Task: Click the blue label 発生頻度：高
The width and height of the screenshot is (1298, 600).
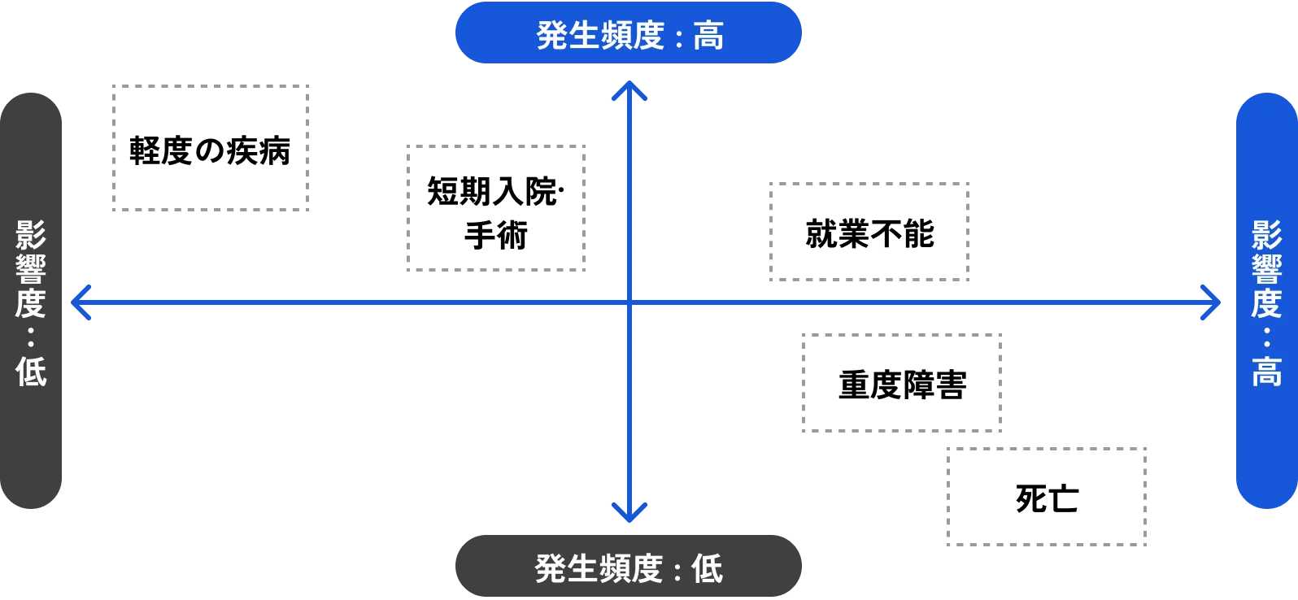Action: (629, 34)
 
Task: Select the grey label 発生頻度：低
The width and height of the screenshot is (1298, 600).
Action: (629, 567)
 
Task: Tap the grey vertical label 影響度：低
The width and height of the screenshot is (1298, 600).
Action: (32, 302)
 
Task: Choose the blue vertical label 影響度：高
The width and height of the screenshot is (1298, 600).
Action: (1266, 302)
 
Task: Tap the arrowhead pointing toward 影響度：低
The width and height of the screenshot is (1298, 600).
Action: (80, 302)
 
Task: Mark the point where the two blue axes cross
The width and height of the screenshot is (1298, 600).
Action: (629, 302)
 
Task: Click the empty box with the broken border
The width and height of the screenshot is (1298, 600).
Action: (211, 150)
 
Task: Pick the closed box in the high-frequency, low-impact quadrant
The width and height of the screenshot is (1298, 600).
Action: (494, 208)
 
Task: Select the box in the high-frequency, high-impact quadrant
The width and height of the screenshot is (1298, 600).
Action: (869, 233)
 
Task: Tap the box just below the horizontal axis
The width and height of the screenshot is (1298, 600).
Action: (901, 383)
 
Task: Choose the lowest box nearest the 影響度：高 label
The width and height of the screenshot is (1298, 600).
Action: (1047, 494)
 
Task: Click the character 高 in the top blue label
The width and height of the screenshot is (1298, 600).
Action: (708, 36)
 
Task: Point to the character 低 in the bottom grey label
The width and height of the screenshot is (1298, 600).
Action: (707, 568)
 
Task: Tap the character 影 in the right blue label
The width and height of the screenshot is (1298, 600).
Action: (1266, 235)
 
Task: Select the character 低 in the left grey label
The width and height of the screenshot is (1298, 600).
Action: (32, 372)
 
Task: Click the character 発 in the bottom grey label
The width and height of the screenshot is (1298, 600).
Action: (551, 568)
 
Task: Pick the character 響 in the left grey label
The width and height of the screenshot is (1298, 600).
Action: (32, 269)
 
